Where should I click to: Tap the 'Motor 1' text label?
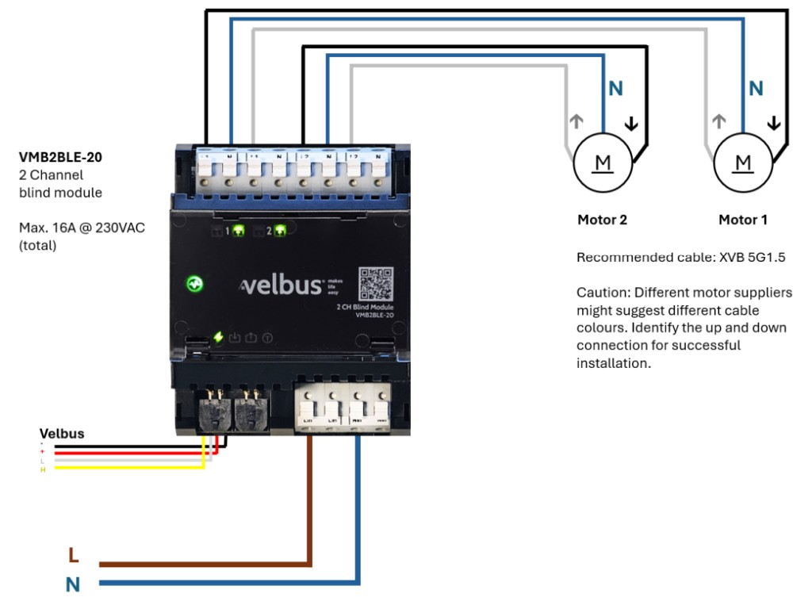743,220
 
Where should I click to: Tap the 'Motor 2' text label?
602,220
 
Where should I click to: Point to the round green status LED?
193,283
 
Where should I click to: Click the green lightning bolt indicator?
218,338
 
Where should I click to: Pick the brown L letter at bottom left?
73,555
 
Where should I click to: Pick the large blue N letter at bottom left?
73,585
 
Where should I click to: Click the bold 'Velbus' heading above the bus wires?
62,434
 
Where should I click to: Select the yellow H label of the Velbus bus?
43,470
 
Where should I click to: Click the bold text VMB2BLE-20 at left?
60,157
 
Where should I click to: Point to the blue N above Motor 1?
756,89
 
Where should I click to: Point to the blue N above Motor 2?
615,89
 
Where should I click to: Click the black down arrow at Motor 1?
774,123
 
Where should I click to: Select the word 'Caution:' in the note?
602,293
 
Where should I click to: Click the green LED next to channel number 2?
279,232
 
